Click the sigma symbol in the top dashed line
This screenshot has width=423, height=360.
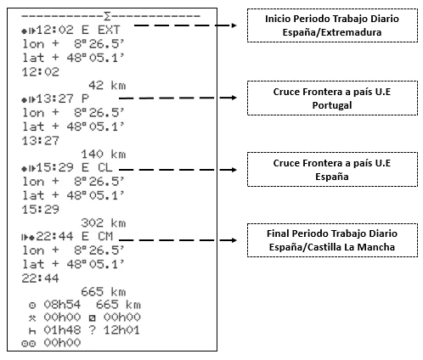tap(107, 16)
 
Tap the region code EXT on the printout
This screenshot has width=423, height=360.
tap(109, 30)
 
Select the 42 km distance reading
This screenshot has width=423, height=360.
tap(107, 85)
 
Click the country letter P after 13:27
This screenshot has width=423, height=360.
tap(85, 98)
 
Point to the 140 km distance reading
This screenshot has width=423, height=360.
tap(104, 155)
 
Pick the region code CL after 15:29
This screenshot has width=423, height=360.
tap(105, 167)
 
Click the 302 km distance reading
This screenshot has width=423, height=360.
tap(104, 223)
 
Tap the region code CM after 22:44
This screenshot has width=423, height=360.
tap(105, 236)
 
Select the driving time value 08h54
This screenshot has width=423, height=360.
tap(62, 305)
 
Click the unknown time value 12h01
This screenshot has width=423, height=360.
tap(121, 330)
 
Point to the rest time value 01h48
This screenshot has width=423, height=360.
tap(62, 330)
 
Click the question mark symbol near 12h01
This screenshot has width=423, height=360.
tap(93, 330)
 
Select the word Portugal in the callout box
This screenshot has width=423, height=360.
tap(332, 105)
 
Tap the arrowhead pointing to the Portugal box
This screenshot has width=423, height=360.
tap(234, 98)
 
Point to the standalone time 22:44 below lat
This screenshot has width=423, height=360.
tap(41, 278)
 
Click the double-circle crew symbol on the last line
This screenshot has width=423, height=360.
tap(29, 343)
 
